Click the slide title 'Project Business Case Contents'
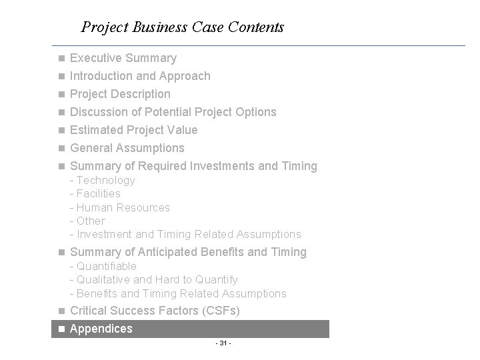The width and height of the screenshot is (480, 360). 182,27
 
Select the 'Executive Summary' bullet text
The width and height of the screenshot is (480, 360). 123,58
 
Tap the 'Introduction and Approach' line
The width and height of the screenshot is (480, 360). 140,76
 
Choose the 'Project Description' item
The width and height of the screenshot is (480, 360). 120,94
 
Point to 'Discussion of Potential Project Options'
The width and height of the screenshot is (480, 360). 173,112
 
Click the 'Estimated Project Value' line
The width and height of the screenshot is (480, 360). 133,130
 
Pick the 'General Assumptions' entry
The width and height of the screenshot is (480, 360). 127,148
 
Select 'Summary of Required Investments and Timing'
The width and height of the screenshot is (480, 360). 193,166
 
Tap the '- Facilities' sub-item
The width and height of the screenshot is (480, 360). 95,193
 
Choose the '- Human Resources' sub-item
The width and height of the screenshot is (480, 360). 120,207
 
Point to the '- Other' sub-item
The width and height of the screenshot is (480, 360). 87,221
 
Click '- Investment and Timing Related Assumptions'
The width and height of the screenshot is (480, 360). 185,234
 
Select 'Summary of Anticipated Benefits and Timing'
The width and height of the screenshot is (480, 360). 188,252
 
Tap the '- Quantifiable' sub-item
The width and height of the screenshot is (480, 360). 103,266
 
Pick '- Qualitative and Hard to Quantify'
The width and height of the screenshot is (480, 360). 153,279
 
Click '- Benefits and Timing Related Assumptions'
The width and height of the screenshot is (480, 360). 178,293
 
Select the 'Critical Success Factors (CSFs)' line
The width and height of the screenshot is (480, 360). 155,311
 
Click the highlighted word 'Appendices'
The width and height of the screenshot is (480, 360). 101,329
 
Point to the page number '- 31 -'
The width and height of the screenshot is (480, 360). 223,343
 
